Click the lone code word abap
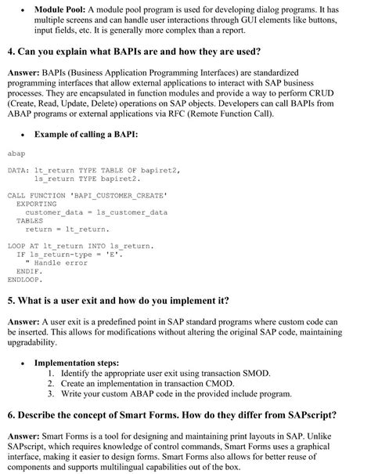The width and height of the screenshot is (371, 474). (16, 154)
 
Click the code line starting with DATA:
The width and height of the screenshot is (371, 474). (94, 169)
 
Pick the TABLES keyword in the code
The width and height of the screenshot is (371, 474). (30, 221)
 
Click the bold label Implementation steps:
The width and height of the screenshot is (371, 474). (77, 364)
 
